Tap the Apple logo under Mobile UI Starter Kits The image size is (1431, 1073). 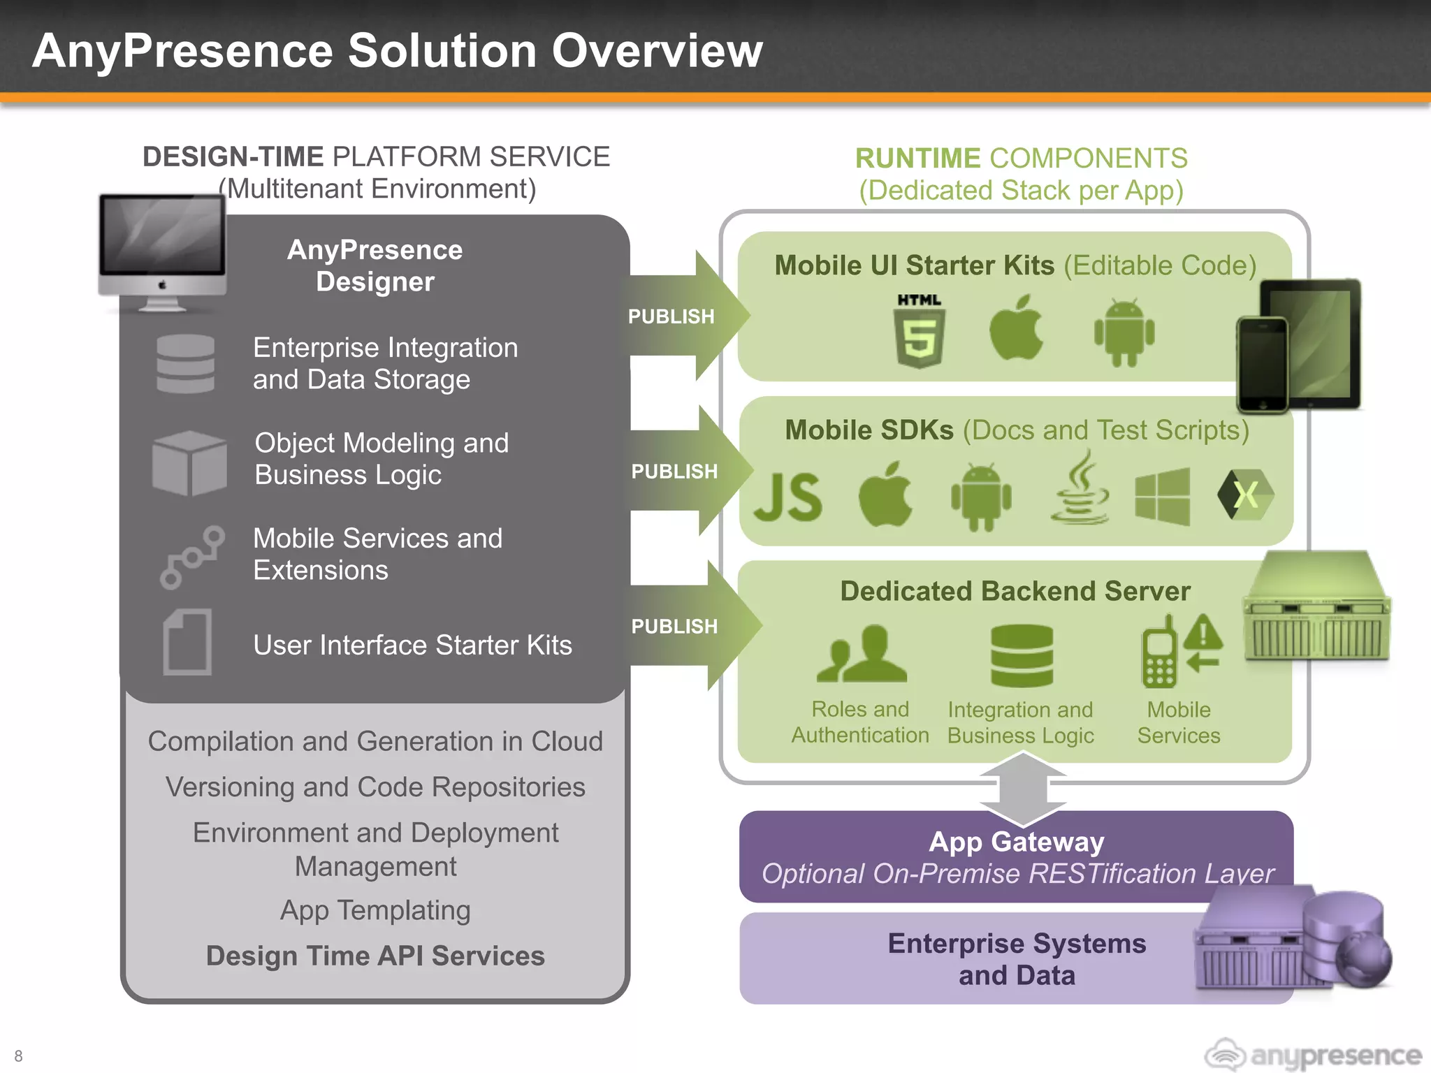[x=1017, y=328]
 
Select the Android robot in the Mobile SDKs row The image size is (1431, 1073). [x=981, y=497]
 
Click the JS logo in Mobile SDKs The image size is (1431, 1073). [x=789, y=497]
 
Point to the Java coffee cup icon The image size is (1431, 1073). [x=1080, y=488]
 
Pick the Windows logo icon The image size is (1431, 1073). [x=1162, y=497]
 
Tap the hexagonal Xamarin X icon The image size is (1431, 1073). [x=1246, y=495]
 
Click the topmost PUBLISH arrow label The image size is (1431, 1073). [x=671, y=316]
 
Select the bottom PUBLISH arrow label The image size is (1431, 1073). [x=674, y=627]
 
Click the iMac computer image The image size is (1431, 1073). [x=163, y=251]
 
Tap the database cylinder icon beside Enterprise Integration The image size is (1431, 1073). [x=186, y=364]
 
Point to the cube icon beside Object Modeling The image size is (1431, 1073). [x=189, y=462]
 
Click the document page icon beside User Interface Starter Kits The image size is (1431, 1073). [x=187, y=642]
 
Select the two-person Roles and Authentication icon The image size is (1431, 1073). [x=862, y=655]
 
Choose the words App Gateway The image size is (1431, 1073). [x=1016, y=842]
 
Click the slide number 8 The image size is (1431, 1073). [x=19, y=1056]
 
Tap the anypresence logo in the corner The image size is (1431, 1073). [x=1313, y=1054]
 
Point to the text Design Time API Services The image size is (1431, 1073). [x=375, y=956]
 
